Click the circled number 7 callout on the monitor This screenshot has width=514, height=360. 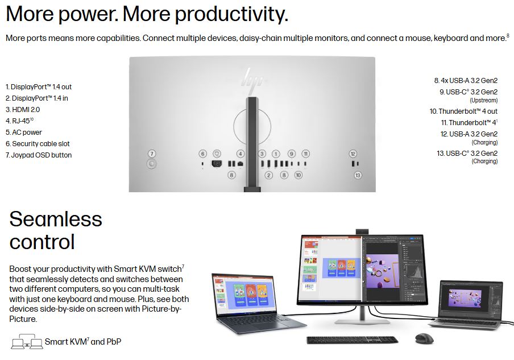(x=151, y=154)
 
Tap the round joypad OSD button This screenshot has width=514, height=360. (x=151, y=164)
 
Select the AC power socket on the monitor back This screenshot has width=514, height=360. (x=217, y=163)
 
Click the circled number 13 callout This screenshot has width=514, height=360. (x=358, y=175)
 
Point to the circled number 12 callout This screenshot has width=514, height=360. (x=353, y=154)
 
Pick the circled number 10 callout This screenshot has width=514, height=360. (x=298, y=175)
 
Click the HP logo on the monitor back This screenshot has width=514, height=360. (x=252, y=78)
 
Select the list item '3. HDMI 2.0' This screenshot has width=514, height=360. (x=23, y=110)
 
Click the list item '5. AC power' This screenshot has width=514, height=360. (x=24, y=133)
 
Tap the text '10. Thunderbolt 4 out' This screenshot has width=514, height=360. (x=463, y=111)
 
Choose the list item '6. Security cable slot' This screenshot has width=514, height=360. (x=38, y=144)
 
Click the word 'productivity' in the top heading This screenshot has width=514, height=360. (x=230, y=14)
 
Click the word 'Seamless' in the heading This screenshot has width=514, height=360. (x=56, y=219)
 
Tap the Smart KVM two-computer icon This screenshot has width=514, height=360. (x=27, y=341)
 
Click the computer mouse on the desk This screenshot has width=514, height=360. (x=424, y=338)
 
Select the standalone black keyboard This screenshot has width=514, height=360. (x=353, y=340)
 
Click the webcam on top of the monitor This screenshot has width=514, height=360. (x=362, y=231)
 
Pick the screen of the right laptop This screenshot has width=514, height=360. (x=470, y=300)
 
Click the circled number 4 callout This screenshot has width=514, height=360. (x=241, y=154)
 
